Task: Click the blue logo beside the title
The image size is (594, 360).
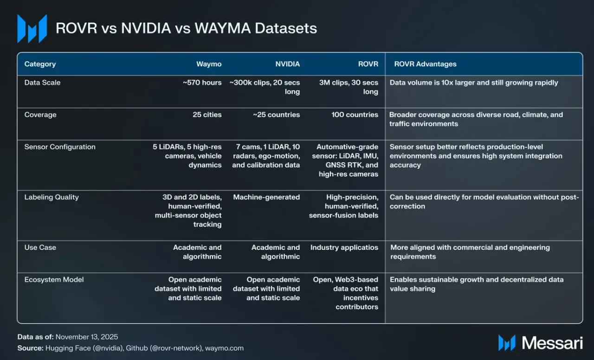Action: [x=32, y=29]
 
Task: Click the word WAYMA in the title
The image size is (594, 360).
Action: [x=222, y=28]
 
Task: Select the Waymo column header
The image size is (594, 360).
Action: [x=209, y=64]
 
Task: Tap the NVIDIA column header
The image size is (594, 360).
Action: [x=287, y=64]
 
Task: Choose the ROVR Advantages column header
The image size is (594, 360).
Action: [x=425, y=64]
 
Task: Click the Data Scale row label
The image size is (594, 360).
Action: [x=42, y=83]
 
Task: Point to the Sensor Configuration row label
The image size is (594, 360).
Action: [x=60, y=147]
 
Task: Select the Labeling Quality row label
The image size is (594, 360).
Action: [x=52, y=197]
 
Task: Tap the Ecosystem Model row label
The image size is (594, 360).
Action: [x=54, y=280]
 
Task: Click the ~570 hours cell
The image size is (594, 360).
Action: [x=202, y=83]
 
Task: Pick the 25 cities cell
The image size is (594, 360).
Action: [x=207, y=115]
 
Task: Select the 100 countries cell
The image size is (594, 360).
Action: [x=355, y=115]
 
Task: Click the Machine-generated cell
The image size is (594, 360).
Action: [x=266, y=197]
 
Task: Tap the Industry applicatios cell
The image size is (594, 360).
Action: [x=344, y=248]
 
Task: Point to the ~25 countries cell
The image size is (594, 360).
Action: [x=276, y=115]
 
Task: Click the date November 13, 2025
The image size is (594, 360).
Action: [x=87, y=337]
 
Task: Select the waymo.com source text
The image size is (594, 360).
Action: [x=224, y=348]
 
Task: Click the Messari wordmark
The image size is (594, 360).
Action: [x=552, y=343]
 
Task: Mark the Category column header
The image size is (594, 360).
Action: [x=40, y=64]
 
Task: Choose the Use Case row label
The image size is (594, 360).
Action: [x=40, y=248]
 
